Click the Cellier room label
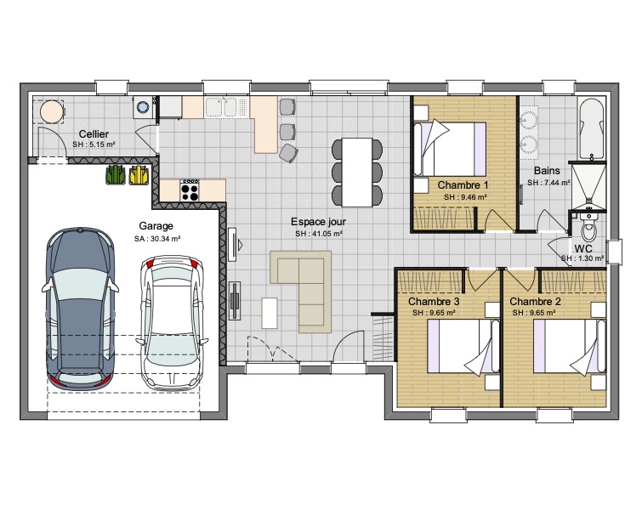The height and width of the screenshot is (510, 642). pyautogui.click(x=94, y=134)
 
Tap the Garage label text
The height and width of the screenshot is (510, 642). pyautogui.click(x=156, y=226)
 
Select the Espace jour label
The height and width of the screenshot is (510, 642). pyautogui.click(x=319, y=222)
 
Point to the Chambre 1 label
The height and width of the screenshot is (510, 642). pyautogui.click(x=463, y=185)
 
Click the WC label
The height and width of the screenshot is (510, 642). pyautogui.click(x=583, y=248)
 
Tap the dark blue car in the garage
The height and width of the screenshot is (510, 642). pyautogui.click(x=80, y=309)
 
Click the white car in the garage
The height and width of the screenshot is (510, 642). pyautogui.click(x=173, y=322)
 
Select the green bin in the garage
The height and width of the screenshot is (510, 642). pyautogui.click(x=116, y=175)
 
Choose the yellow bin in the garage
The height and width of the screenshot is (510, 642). pyautogui.click(x=139, y=175)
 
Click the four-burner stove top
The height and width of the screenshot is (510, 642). pyautogui.click(x=190, y=190)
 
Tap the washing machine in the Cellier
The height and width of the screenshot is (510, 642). pyautogui.click(x=143, y=107)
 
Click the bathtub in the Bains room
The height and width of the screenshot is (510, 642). pyautogui.click(x=591, y=128)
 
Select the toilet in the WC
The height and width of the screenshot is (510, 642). pyautogui.click(x=588, y=226)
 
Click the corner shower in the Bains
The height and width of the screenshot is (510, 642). pyautogui.click(x=588, y=185)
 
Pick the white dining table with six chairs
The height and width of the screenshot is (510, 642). pyautogui.click(x=357, y=173)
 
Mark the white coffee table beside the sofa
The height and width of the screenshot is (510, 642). pyautogui.click(x=269, y=313)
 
